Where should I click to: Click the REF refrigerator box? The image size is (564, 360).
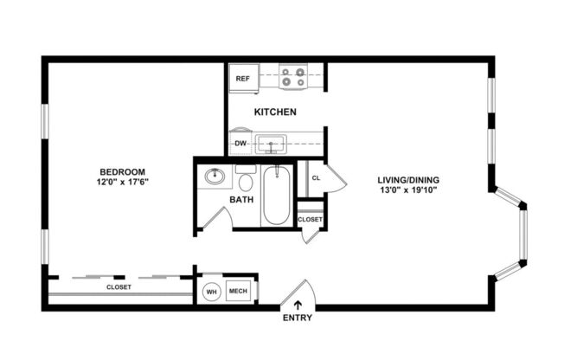tap(243, 79)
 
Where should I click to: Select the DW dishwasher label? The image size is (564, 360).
tap(241, 144)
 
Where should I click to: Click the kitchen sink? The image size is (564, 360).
tap(274, 144)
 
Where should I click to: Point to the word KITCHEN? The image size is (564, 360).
tap(275, 112)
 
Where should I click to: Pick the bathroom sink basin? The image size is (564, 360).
tap(215, 177)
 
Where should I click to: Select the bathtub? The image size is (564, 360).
tap(277, 195)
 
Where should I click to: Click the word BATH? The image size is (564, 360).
tap(241, 201)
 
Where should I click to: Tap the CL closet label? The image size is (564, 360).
tap(316, 180)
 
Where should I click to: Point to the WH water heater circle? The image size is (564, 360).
tap(211, 292)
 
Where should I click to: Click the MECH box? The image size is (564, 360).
tap(237, 292)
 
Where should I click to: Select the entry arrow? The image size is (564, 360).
tap(299, 304)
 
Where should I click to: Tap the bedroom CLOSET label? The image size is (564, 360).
tap(119, 286)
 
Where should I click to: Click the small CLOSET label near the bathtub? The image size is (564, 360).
tap(310, 220)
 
